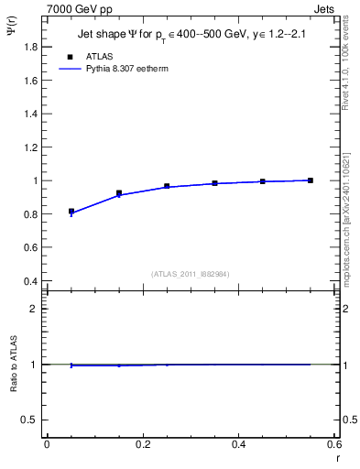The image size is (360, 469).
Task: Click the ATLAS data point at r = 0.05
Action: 71,212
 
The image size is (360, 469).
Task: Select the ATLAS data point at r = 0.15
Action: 119,193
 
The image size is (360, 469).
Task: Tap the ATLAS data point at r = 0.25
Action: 167,186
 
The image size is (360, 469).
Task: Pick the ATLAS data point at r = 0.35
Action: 215,183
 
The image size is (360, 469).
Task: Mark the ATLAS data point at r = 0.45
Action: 263,181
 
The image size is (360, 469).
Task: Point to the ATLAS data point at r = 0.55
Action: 311,180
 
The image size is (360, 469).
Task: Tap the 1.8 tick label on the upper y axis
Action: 31,47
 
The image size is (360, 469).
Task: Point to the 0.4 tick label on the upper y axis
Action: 31,281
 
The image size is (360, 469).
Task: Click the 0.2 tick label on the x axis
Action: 142,443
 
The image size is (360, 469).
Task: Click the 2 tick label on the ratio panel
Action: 35,309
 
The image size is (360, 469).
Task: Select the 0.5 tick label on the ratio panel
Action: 31,420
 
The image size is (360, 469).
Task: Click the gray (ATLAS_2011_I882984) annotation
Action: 191,273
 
